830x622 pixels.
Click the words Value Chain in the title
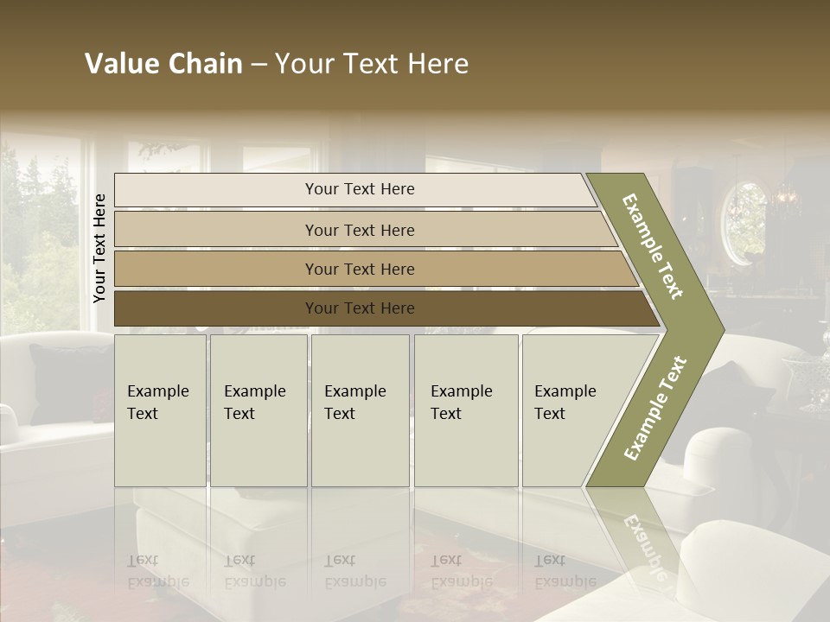pos(163,64)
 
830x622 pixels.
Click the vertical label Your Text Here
pos(99,248)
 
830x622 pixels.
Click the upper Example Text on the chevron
pos(653,246)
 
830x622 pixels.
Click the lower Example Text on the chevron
pos(654,408)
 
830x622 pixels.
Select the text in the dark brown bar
pos(360,308)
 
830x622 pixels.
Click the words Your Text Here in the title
pos(372,64)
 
